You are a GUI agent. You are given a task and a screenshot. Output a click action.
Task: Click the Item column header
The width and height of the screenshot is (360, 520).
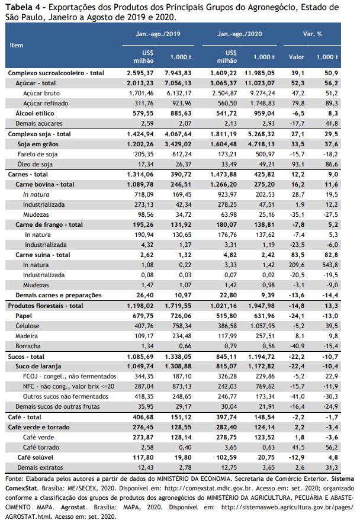click(x=16, y=46)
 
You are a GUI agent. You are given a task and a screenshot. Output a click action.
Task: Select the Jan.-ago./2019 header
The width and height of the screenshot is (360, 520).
click(x=157, y=34)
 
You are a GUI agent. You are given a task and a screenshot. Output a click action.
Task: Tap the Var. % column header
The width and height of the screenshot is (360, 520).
click(x=312, y=34)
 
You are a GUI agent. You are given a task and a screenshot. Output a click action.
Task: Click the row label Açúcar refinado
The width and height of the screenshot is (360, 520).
click(x=46, y=103)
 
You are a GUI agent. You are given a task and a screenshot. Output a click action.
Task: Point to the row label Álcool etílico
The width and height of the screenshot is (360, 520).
click(x=35, y=114)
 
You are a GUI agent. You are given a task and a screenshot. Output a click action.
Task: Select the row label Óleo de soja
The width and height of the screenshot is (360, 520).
click(x=35, y=164)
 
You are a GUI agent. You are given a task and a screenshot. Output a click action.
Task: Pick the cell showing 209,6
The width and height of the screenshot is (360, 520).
click(x=297, y=265)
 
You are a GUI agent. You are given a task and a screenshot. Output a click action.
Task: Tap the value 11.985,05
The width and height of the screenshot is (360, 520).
click(x=259, y=73)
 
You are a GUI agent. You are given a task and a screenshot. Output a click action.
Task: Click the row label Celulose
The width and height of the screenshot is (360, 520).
click(x=27, y=326)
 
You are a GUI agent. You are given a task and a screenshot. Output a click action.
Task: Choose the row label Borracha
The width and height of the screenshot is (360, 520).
click(x=28, y=346)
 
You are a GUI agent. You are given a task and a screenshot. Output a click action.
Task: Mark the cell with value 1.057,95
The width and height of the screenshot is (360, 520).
click(x=261, y=326)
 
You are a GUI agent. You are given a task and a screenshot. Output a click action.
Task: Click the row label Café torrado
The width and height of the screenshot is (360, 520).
click(x=41, y=447)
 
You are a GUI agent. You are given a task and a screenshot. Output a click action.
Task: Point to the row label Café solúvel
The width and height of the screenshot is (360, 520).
click(x=35, y=457)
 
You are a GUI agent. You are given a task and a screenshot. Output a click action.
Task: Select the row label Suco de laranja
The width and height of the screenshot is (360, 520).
click(x=38, y=367)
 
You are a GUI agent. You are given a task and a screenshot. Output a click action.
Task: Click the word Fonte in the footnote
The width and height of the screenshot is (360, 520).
click(x=14, y=479)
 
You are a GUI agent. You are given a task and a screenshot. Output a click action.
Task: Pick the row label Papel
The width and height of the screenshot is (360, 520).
click(x=24, y=316)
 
